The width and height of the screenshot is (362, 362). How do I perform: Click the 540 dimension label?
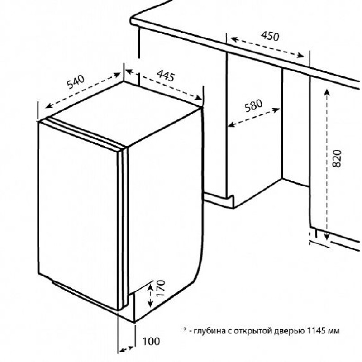click(x=76, y=82)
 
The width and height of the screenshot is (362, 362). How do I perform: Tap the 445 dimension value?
click(x=166, y=76)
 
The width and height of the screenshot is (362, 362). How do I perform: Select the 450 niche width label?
click(x=270, y=36)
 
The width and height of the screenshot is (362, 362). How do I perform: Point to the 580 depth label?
click(x=253, y=105)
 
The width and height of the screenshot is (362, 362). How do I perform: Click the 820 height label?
click(x=337, y=158)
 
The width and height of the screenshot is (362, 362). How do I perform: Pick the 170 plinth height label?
click(x=160, y=288)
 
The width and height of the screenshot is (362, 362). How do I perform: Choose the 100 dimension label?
click(x=151, y=342)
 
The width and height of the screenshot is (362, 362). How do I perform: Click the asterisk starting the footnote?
click(x=185, y=329)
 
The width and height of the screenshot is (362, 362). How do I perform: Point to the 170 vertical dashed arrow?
click(x=150, y=296)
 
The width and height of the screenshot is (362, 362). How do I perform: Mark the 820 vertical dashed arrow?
click(x=327, y=164)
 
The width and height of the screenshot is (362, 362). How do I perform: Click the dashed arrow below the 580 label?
click(x=254, y=118)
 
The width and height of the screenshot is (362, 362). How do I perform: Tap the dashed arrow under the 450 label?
click(x=267, y=47)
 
